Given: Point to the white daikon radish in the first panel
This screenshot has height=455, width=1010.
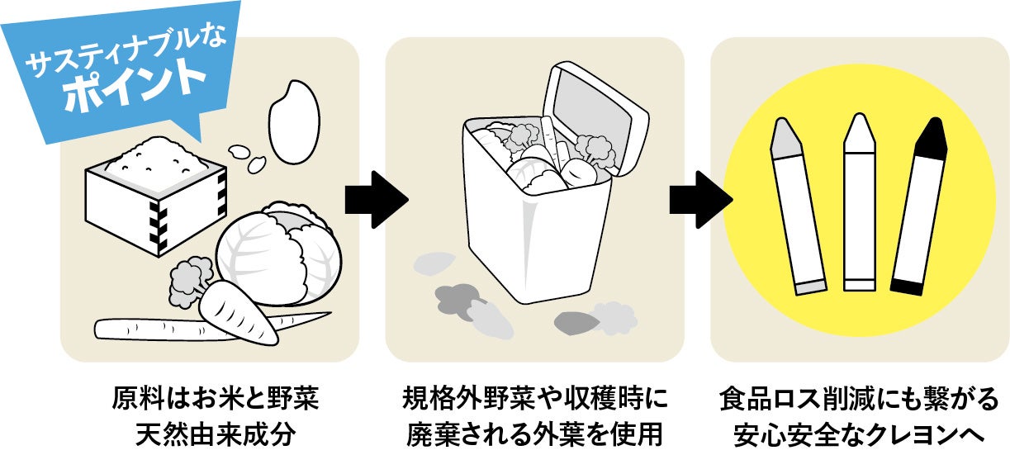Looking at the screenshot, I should [x=149, y=329].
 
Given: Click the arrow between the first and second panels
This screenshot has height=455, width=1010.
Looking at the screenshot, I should [x=375, y=198].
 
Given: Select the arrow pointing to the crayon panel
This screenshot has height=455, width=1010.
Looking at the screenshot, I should [x=699, y=198].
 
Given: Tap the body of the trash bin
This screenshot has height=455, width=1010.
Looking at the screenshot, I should [x=537, y=239].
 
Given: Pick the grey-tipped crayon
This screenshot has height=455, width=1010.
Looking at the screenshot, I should [x=797, y=206].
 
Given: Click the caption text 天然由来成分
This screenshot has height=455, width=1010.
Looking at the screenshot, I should [x=214, y=431].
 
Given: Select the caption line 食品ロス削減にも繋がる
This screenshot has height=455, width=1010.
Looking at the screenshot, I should [x=858, y=398].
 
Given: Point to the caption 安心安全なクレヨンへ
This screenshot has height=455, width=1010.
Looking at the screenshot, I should [x=858, y=431].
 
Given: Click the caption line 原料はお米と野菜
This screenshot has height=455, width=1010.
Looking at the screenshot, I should [x=214, y=398].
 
